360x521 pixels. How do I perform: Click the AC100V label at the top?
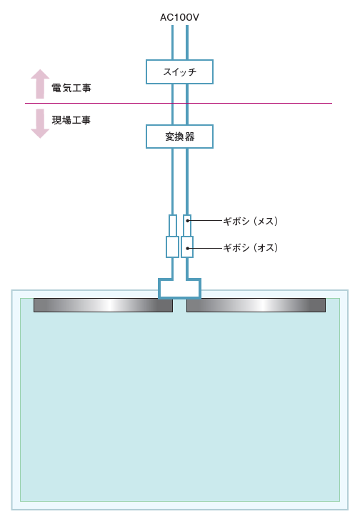180,17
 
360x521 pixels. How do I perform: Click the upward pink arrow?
40,84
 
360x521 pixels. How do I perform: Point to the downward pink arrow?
40,124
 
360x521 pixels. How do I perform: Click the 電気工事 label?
71,88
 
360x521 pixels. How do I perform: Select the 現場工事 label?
71,120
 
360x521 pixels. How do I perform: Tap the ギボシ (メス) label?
251,221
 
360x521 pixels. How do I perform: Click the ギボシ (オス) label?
251,247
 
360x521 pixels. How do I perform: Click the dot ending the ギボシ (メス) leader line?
188,221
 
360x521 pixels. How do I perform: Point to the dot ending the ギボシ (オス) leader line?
188,248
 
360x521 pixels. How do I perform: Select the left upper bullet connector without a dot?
173,226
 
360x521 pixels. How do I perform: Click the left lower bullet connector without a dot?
172,247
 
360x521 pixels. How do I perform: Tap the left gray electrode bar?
104,305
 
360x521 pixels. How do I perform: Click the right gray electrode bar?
256,305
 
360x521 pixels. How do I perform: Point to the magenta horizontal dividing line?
179,104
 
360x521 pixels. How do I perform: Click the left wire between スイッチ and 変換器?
172,104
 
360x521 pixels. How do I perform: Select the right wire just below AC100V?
187,43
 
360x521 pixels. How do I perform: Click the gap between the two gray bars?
180,305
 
